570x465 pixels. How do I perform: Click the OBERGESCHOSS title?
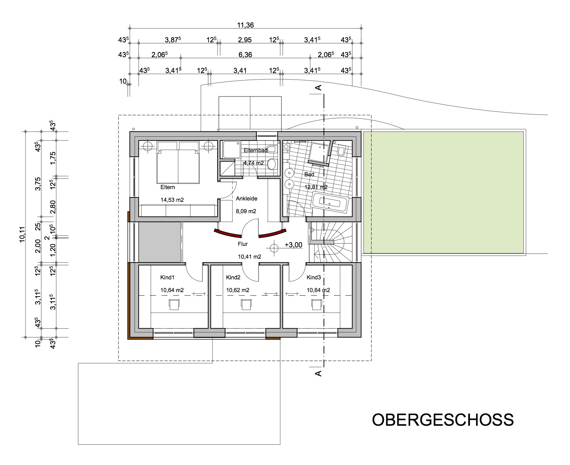[x=443, y=420]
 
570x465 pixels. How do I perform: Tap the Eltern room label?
[x=168, y=187]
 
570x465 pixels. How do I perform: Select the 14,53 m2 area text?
[x=172, y=200]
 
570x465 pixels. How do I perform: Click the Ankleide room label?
[x=247, y=199]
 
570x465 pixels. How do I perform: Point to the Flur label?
[x=242, y=244]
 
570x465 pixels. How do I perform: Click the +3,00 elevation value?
[x=293, y=245]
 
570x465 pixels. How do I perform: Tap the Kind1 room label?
[x=168, y=278]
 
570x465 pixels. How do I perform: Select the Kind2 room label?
[x=233, y=278]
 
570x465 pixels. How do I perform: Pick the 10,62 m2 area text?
[x=238, y=290]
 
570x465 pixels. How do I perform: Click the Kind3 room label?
[x=314, y=278]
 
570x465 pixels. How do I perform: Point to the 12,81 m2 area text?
[x=316, y=187]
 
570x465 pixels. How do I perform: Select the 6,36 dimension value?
[x=245, y=55]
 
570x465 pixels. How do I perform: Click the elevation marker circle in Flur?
[x=274, y=247]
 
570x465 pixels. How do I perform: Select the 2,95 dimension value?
[x=245, y=40]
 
